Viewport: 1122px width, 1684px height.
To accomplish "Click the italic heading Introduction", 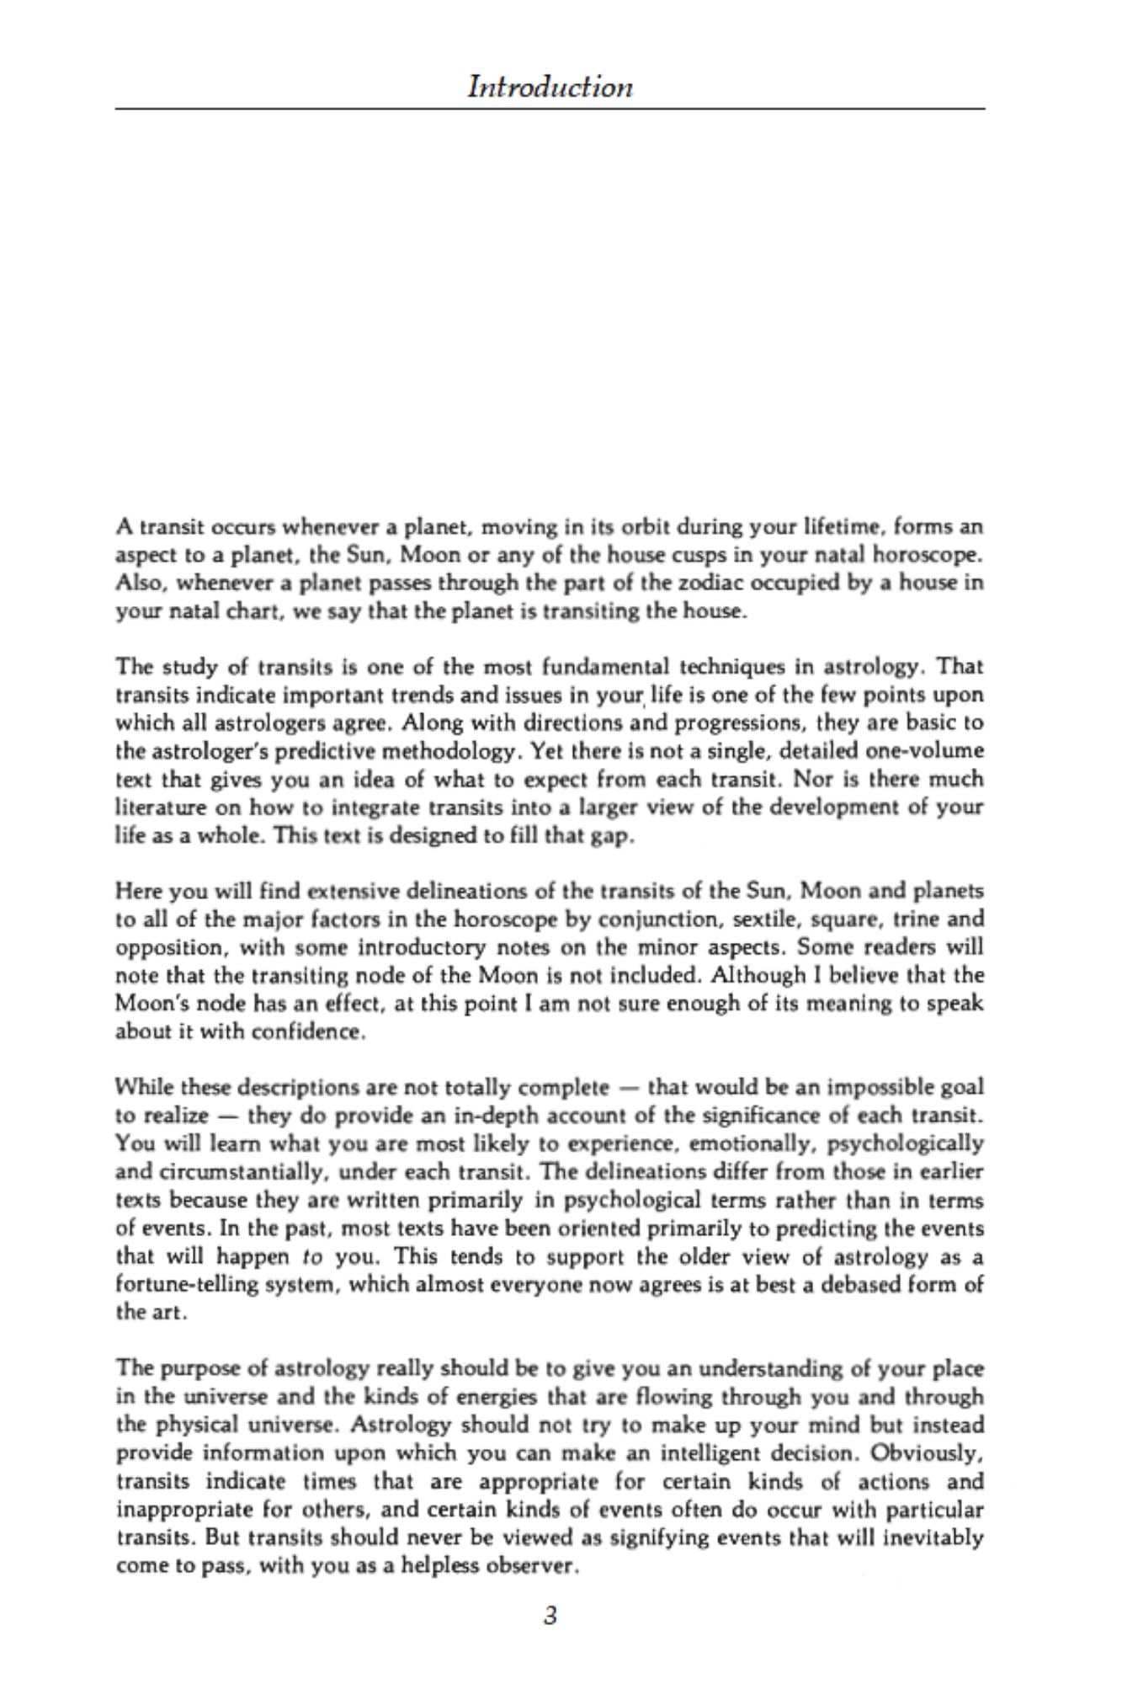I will pyautogui.click(x=550, y=87).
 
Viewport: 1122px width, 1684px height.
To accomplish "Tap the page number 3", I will pyautogui.click(x=550, y=1615).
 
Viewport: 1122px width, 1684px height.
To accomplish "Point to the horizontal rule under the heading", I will pyautogui.click(x=550, y=109).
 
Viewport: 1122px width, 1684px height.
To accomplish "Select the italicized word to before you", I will pyautogui.click(x=313, y=1256).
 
